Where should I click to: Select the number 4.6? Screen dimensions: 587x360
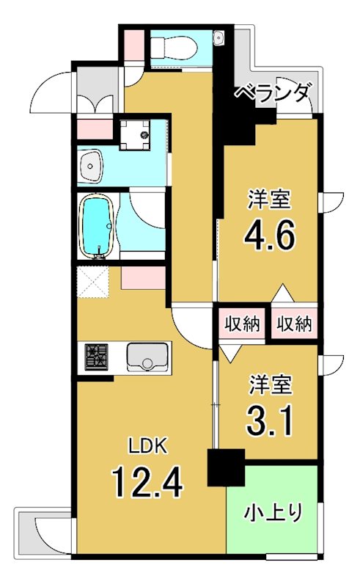tap(270, 236)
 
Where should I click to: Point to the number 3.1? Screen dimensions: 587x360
tap(271, 420)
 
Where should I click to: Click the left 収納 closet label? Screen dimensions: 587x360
tap(241, 324)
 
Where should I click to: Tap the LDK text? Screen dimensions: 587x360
tap(150, 445)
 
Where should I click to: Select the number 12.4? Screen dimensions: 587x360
tap(147, 482)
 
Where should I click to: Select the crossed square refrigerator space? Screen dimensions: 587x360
tap(94, 282)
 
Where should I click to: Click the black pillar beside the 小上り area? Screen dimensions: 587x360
tap(224, 467)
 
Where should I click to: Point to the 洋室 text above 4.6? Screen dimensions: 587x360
tap(270, 199)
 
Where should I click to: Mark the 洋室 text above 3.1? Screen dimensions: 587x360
tap(271, 385)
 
